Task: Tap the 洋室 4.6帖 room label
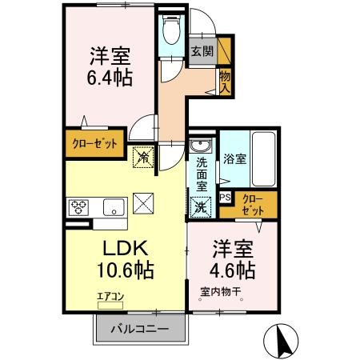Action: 234,258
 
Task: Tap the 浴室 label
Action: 234,158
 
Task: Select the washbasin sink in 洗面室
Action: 199,146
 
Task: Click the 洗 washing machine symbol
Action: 200,206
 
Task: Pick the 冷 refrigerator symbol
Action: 143,158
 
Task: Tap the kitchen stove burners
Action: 80,207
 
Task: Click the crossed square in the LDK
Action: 144,205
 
